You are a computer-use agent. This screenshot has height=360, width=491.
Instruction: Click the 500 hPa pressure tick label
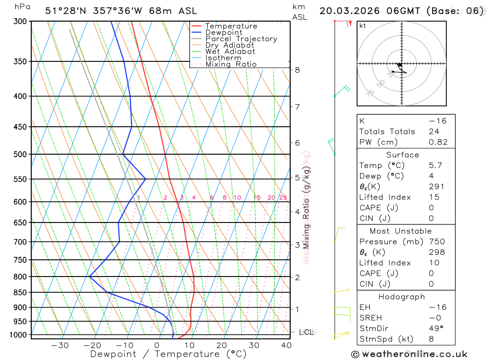20,154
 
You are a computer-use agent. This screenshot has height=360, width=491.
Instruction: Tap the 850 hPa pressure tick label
20,293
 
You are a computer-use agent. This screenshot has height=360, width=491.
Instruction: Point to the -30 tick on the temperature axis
60,345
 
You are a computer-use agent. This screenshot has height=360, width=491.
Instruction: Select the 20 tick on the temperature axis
221,345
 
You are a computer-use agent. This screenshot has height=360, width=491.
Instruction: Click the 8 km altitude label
298,70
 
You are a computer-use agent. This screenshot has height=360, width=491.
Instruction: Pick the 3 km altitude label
298,245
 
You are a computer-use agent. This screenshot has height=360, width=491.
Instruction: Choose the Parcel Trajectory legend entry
241,39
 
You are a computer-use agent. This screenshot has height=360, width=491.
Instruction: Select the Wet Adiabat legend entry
230,52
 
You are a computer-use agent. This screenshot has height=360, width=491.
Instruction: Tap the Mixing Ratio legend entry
231,64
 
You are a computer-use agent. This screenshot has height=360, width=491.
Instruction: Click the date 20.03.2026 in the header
346,11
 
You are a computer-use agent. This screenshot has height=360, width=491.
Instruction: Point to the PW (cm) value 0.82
438,142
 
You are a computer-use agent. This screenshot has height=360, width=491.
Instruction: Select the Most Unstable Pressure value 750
436,242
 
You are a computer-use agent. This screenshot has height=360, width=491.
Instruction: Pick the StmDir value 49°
434,329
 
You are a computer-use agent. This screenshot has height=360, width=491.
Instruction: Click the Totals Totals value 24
434,132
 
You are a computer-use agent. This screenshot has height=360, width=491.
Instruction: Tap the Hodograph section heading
402,297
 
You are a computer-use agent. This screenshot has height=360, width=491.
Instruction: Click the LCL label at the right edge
306,332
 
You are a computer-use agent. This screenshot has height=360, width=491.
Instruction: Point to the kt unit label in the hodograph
363,26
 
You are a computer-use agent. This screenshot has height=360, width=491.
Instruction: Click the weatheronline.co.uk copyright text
409,354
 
